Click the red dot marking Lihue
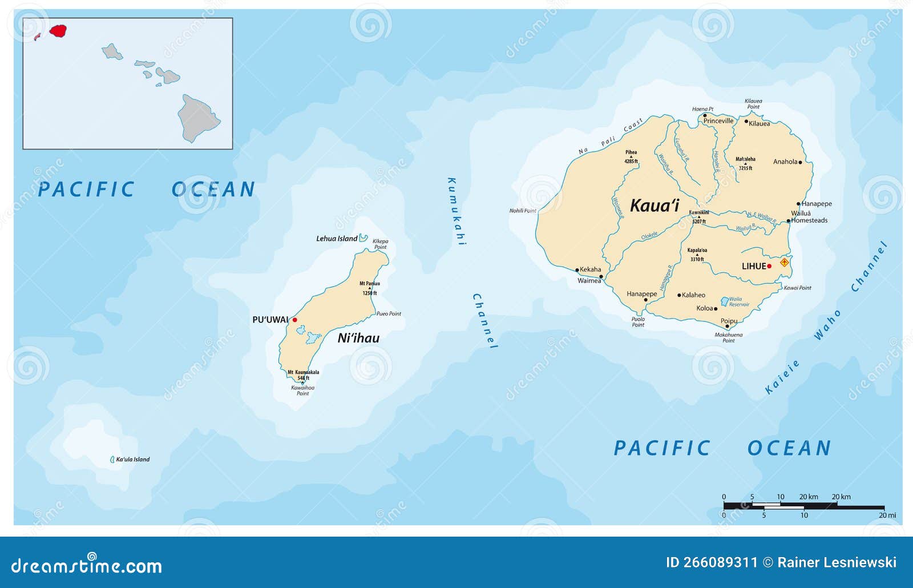769,266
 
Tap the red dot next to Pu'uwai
294,320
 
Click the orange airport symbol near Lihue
785,263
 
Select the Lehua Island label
337,239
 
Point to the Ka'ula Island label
132,460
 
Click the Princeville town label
718,121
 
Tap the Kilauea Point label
753,104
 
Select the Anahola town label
785,162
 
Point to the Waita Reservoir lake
725,301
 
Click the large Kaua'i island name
654,206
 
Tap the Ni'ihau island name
358,338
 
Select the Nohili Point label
523,211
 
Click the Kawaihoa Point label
302,390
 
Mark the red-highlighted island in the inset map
58,30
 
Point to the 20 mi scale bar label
887,515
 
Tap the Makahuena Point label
729,337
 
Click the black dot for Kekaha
577,270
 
